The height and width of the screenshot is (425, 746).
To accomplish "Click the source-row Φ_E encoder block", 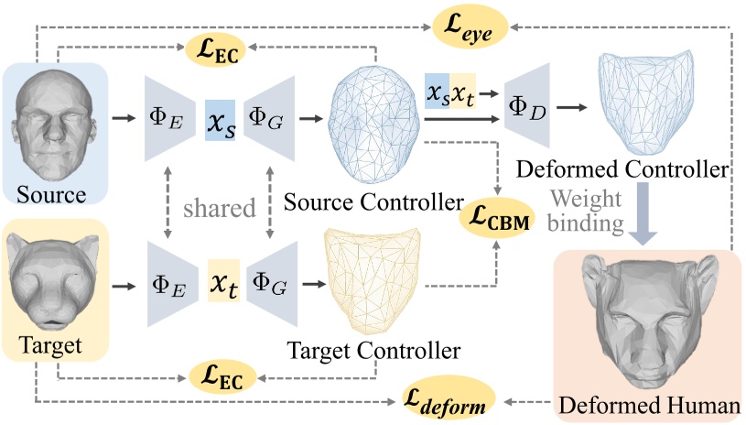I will coord(169,118).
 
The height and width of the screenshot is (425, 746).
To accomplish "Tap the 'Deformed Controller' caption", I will coord(622,169).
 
